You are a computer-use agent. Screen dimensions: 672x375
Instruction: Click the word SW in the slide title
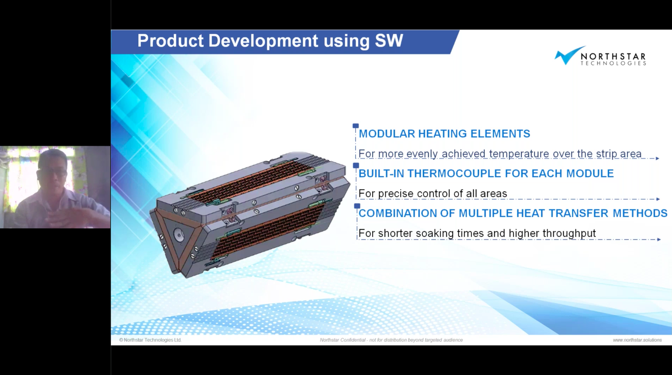tap(389, 40)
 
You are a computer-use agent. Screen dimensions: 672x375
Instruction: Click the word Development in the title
tap(263, 41)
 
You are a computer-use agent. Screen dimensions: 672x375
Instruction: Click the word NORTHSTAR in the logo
tap(613, 56)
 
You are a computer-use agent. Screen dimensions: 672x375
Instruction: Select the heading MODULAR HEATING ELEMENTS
tap(444, 134)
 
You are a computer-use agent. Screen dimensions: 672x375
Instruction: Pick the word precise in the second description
tap(397, 194)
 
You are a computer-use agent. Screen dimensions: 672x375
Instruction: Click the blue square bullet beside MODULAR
tap(356, 126)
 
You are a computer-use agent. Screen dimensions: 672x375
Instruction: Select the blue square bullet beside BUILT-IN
tap(356, 165)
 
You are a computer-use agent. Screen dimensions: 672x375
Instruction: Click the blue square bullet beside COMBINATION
tap(357, 206)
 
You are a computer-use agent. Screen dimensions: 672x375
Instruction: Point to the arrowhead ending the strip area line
tap(657, 158)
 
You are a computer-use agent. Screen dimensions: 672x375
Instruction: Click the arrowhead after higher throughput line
tap(659, 240)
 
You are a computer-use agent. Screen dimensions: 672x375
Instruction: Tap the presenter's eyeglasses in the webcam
tap(56, 173)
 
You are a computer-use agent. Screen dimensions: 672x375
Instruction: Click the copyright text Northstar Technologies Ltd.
tap(150, 340)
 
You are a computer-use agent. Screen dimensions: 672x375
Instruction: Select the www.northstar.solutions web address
tap(637, 340)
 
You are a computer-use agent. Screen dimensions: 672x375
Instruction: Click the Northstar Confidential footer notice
tap(391, 340)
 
